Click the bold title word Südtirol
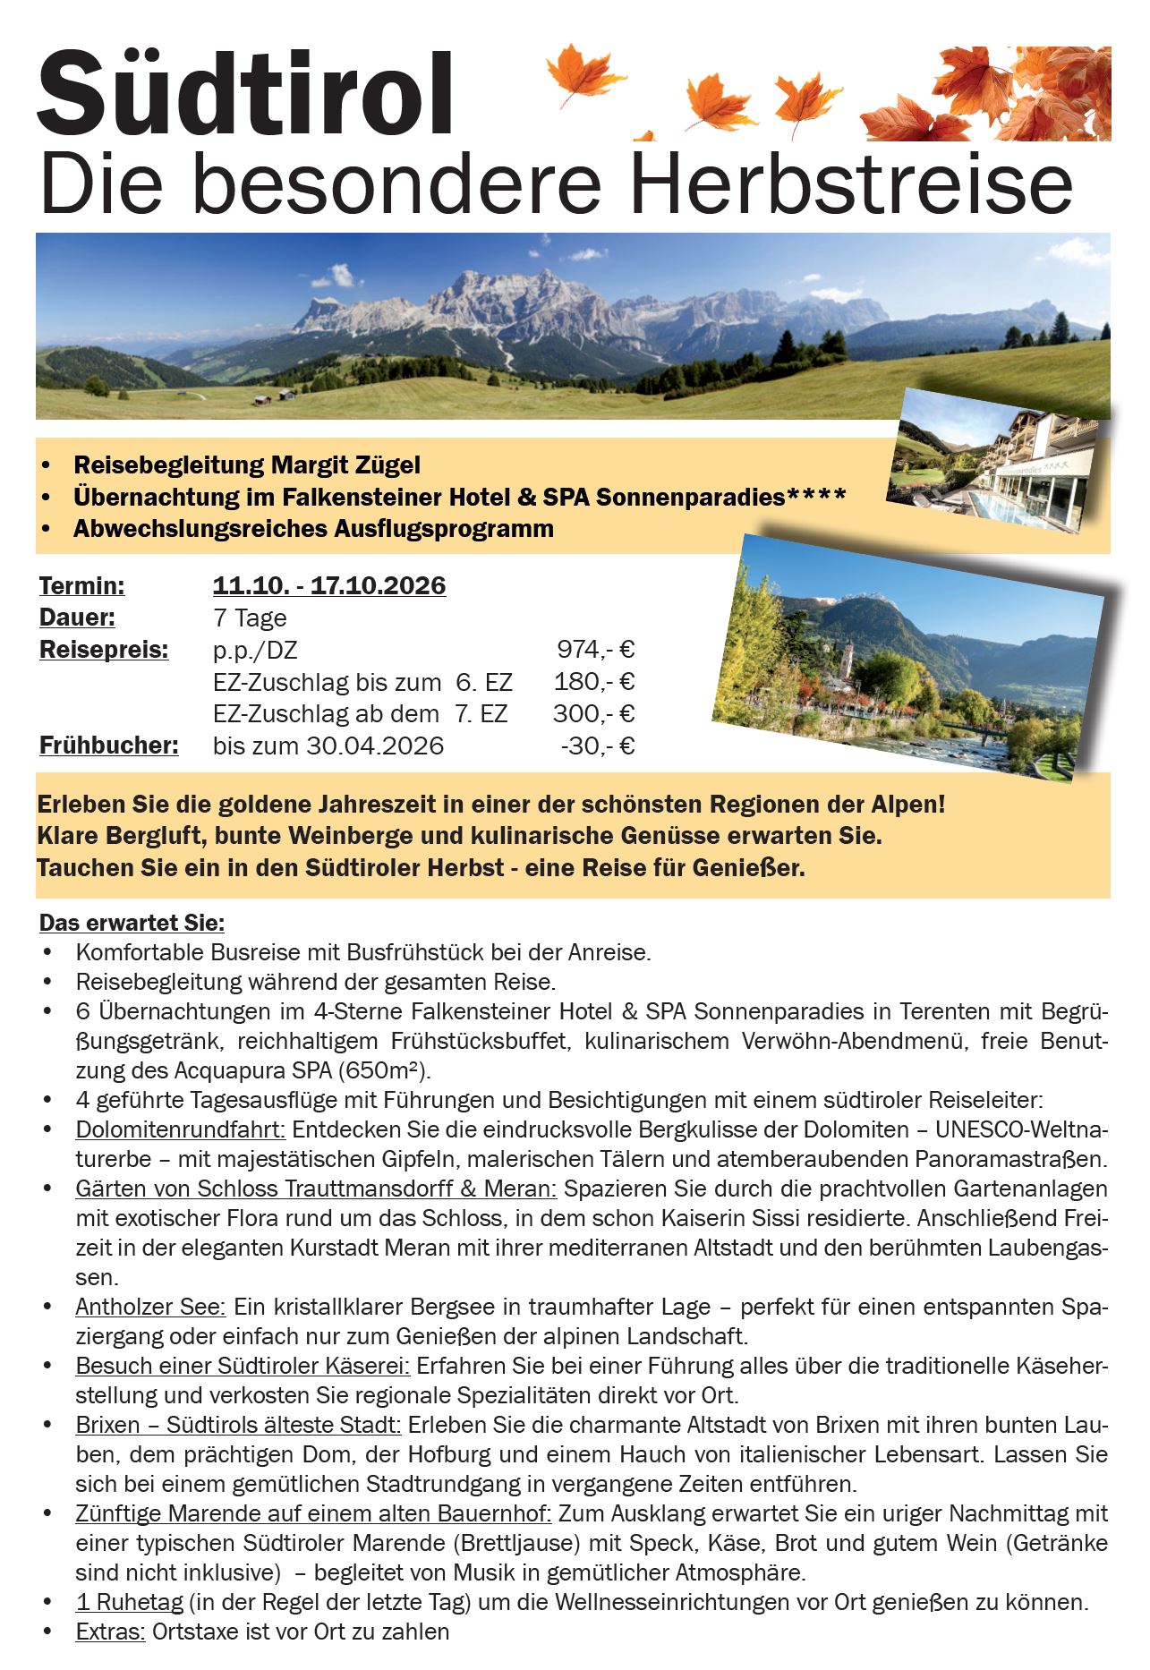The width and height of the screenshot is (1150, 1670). click(x=245, y=93)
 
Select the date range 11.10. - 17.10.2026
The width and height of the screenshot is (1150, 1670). click(x=328, y=586)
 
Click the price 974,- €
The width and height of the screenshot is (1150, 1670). click(x=595, y=650)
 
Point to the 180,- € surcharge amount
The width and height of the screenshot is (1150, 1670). click(x=593, y=682)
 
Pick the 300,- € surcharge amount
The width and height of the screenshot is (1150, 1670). click(x=593, y=714)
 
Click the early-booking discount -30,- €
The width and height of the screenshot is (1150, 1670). click(x=597, y=746)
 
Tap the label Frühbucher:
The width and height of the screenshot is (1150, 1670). click(x=108, y=746)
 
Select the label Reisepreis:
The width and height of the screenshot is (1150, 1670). click(x=103, y=651)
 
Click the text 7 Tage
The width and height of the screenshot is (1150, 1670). click(x=250, y=618)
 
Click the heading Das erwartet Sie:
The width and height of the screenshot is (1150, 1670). click(x=132, y=923)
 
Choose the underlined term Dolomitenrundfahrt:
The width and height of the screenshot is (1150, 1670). click(x=180, y=1129)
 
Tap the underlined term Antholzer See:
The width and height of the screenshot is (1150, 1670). click(x=150, y=1307)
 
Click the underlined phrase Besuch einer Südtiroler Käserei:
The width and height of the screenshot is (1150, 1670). click(x=243, y=1366)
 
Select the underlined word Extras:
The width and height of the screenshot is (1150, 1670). click(x=110, y=1632)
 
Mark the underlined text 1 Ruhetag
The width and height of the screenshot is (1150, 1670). click(x=129, y=1602)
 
